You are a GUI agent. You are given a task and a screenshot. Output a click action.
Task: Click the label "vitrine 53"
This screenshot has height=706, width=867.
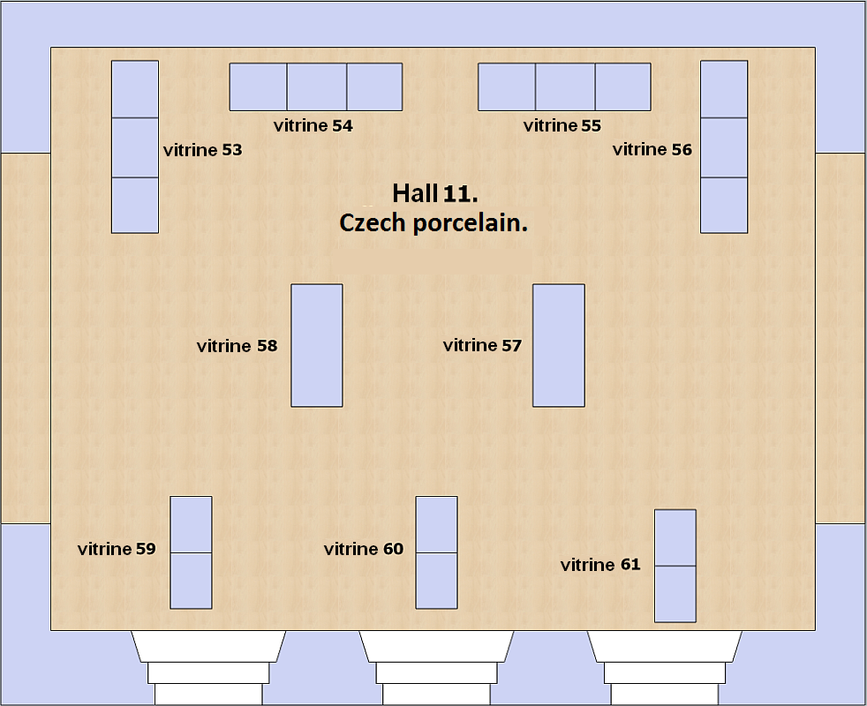[x=203, y=150]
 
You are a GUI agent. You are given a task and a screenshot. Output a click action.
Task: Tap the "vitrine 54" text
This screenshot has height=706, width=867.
[x=313, y=125]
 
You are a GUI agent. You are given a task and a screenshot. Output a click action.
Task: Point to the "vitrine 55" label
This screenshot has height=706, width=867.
[x=562, y=125]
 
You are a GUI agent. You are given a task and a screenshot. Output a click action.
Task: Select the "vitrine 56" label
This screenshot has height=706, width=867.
[x=652, y=149]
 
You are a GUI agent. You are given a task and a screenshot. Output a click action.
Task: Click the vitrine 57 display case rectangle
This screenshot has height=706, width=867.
[x=559, y=346]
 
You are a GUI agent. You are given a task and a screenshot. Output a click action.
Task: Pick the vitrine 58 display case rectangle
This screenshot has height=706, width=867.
[x=317, y=346]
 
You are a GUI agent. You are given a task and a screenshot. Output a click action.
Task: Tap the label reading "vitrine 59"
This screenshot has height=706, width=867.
[x=117, y=548]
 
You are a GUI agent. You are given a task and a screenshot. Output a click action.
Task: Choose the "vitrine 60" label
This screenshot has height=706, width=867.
[x=363, y=548]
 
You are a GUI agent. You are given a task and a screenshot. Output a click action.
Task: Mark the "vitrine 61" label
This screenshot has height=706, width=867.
[x=600, y=565]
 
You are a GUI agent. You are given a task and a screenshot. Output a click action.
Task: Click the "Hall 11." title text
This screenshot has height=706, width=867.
[x=435, y=193]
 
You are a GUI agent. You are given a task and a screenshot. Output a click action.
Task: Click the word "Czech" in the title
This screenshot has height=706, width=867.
[x=373, y=222]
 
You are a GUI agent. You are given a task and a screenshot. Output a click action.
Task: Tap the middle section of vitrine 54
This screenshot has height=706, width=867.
[x=317, y=86]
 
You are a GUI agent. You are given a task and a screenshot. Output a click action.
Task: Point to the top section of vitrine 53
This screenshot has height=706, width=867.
[x=135, y=89]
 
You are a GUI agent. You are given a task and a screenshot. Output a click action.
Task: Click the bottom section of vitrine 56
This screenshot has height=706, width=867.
[x=724, y=205]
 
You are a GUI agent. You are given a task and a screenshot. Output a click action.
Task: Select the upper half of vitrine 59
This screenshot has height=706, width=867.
[x=191, y=525]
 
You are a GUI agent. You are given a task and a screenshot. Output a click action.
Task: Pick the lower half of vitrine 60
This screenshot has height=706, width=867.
[x=436, y=581]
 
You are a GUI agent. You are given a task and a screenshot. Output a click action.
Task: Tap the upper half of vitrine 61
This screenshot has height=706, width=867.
[x=675, y=538]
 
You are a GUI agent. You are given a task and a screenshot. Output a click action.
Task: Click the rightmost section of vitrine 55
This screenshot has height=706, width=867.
[x=623, y=86]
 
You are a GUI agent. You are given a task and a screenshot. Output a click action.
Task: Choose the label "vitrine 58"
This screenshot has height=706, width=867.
[x=237, y=346]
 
